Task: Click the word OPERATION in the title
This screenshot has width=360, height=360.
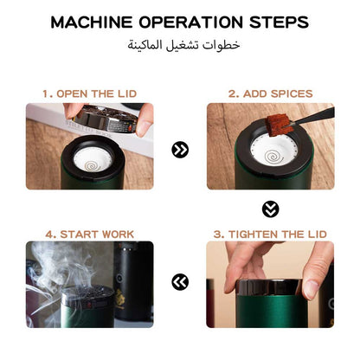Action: click(x=190, y=22)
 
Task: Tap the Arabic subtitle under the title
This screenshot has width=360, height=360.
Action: click(x=180, y=43)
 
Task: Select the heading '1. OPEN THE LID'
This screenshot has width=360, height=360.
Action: click(x=89, y=92)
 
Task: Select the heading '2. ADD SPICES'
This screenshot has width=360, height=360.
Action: click(x=271, y=92)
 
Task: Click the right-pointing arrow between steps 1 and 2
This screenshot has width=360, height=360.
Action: click(x=180, y=150)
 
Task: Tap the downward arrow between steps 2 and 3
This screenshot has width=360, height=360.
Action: click(x=270, y=209)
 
